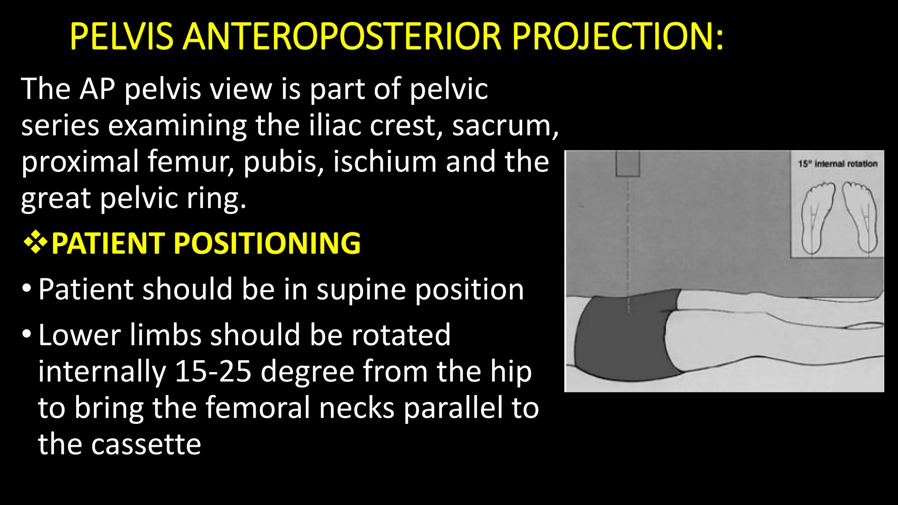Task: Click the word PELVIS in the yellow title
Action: click(x=121, y=37)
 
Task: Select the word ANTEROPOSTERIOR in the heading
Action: click(x=342, y=37)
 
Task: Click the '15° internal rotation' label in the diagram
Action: click(x=837, y=164)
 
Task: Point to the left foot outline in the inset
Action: click(x=817, y=217)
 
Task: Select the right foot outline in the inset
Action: click(x=859, y=217)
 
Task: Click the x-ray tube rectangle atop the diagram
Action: click(x=627, y=164)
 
